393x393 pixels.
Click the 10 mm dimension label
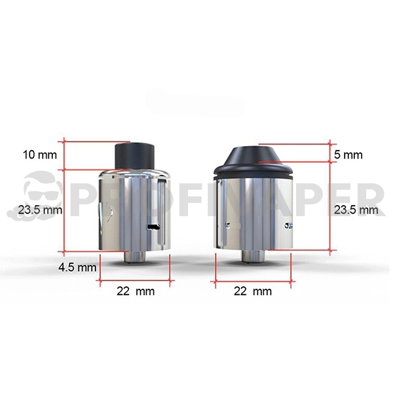tap(40, 155)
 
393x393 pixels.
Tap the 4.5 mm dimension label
tap(77, 267)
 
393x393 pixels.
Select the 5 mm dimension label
tap(348, 155)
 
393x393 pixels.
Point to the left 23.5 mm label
tap(39, 210)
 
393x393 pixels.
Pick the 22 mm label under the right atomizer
tap(252, 291)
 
